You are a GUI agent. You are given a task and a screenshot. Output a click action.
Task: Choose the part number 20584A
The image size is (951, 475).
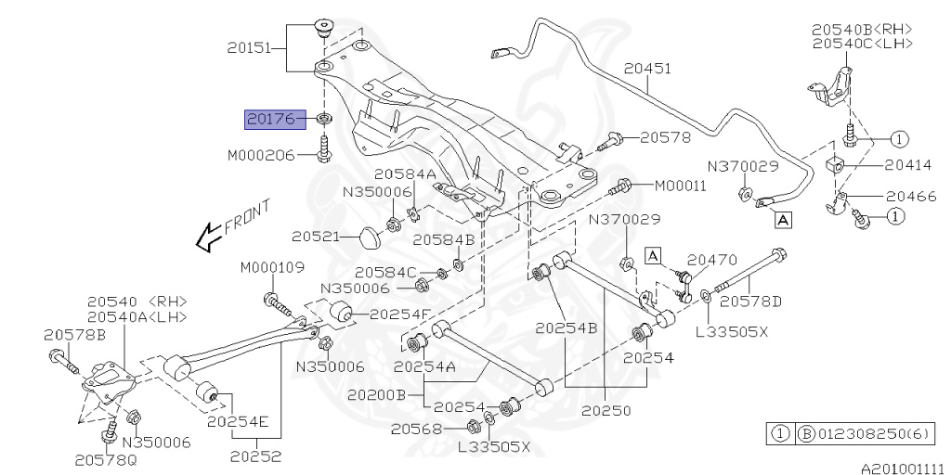tap(405, 173)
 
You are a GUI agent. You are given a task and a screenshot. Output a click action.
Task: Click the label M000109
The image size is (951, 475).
tap(272, 267)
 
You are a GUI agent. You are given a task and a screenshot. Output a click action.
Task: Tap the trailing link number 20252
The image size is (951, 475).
tap(255, 456)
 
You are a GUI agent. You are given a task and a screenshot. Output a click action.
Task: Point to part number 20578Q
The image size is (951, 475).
tap(104, 458)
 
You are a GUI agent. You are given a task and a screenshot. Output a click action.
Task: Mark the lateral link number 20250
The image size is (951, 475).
tap(606, 409)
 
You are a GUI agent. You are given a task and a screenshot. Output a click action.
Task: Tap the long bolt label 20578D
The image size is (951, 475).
tap(751, 301)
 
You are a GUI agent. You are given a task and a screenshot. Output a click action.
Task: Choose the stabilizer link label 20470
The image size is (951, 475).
tap(711, 263)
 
